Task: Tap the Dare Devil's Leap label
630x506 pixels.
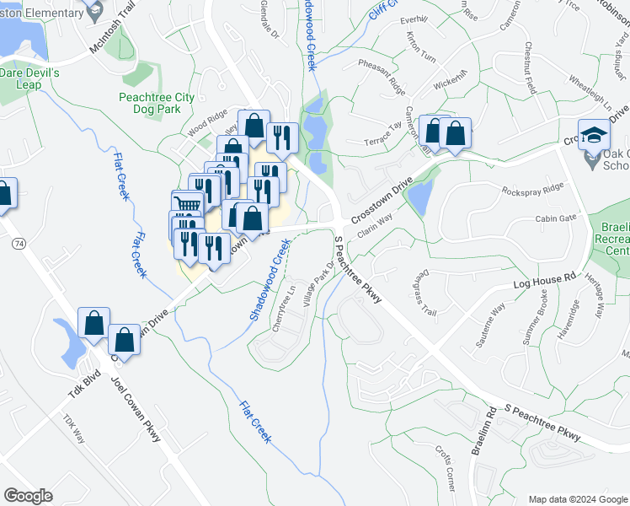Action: click(29, 79)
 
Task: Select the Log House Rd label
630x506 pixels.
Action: click(544, 282)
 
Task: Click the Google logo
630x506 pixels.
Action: click(28, 495)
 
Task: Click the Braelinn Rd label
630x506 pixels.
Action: click(483, 432)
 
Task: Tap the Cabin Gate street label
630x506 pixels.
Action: click(556, 218)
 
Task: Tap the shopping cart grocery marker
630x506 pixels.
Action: click(188, 204)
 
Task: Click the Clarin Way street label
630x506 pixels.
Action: click(374, 223)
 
